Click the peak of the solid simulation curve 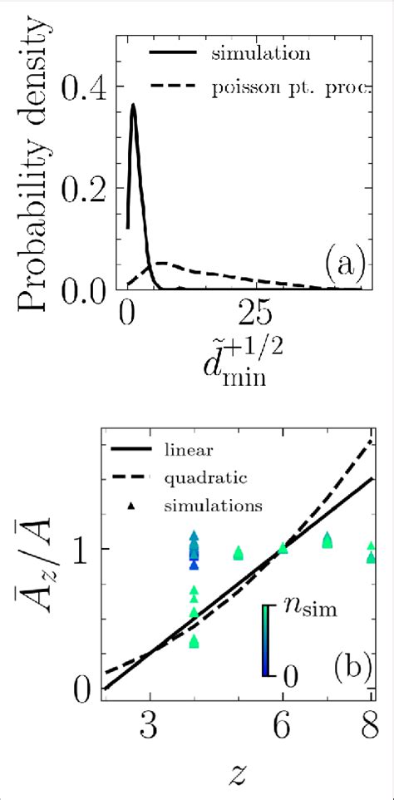(x=133, y=106)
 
